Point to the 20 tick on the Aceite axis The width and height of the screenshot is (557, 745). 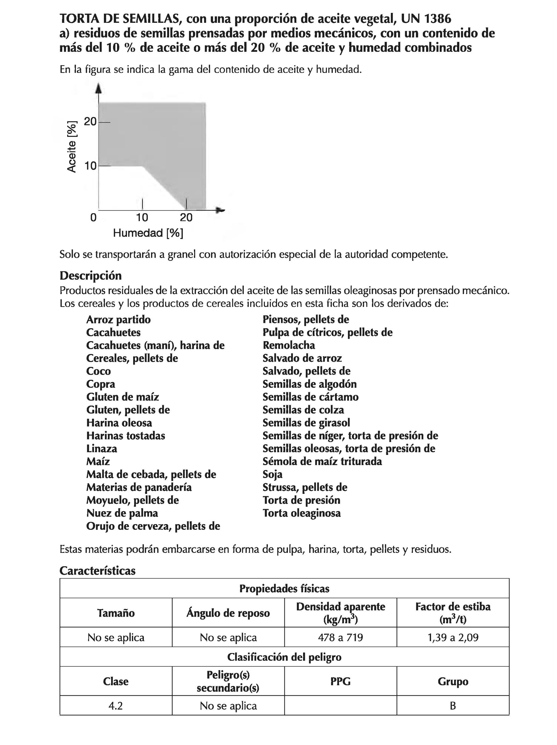click(90, 122)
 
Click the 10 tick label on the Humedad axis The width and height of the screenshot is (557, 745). click(142, 218)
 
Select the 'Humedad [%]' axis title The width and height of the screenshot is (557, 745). click(148, 233)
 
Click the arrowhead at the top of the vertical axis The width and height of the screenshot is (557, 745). click(99, 88)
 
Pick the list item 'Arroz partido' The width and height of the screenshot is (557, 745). click(118, 319)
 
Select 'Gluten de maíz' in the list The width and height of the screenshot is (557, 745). click(122, 397)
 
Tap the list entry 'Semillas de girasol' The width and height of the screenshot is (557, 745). click(306, 423)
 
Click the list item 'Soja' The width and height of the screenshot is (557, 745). click(272, 474)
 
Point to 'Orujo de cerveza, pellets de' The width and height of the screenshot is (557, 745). click(153, 526)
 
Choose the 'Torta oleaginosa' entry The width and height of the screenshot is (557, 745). click(301, 513)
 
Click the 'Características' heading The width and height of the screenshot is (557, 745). click(97, 571)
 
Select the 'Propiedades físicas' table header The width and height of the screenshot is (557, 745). click(284, 588)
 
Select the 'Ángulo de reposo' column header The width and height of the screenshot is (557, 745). click(228, 613)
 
